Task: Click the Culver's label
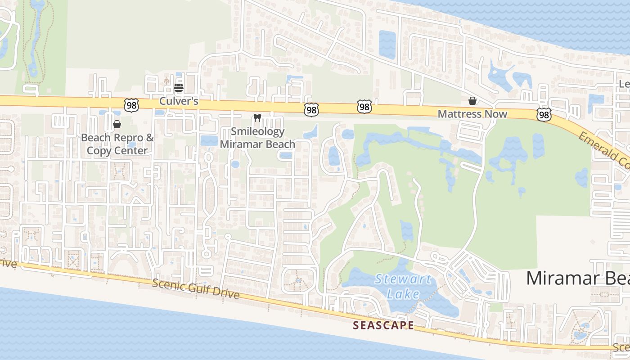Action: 179,101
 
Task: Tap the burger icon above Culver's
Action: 179,87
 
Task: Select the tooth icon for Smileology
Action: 257,118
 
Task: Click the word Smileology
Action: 257,131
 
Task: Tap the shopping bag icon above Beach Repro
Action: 117,124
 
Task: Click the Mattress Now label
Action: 472,114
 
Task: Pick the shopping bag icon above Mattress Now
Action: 472,101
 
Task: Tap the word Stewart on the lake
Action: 403,279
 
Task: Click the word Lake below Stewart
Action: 403,294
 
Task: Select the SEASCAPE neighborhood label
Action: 383,325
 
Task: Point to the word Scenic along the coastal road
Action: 168,284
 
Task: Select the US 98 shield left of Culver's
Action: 131,105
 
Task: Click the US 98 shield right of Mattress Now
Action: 544,115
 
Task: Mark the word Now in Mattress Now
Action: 496,114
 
